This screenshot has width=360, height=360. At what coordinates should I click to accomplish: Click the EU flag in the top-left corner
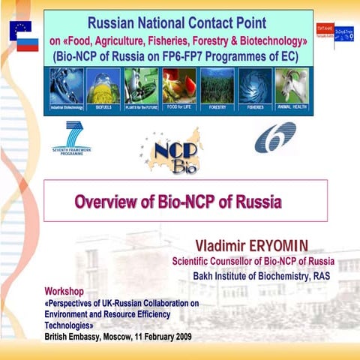pyautogui.click(x=19, y=29)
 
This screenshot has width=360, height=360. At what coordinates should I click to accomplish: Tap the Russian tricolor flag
pyautogui.click(x=28, y=43)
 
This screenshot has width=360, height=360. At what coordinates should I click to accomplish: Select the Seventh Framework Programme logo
pyautogui.click(x=72, y=139)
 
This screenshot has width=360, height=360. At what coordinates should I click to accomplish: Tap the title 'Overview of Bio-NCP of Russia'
pyautogui.click(x=178, y=201)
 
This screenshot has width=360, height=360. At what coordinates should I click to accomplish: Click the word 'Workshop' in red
pyautogui.click(x=64, y=290)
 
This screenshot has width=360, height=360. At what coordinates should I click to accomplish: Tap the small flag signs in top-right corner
pyautogui.click(x=334, y=31)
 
